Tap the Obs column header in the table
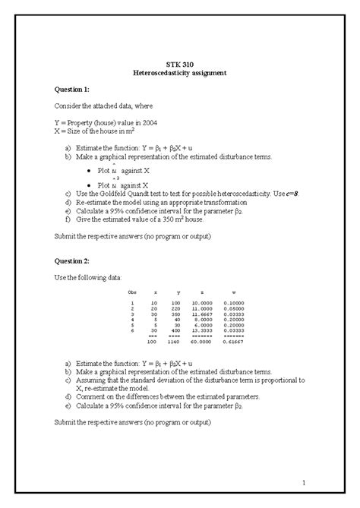click(x=133, y=292)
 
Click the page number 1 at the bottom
click(x=302, y=483)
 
